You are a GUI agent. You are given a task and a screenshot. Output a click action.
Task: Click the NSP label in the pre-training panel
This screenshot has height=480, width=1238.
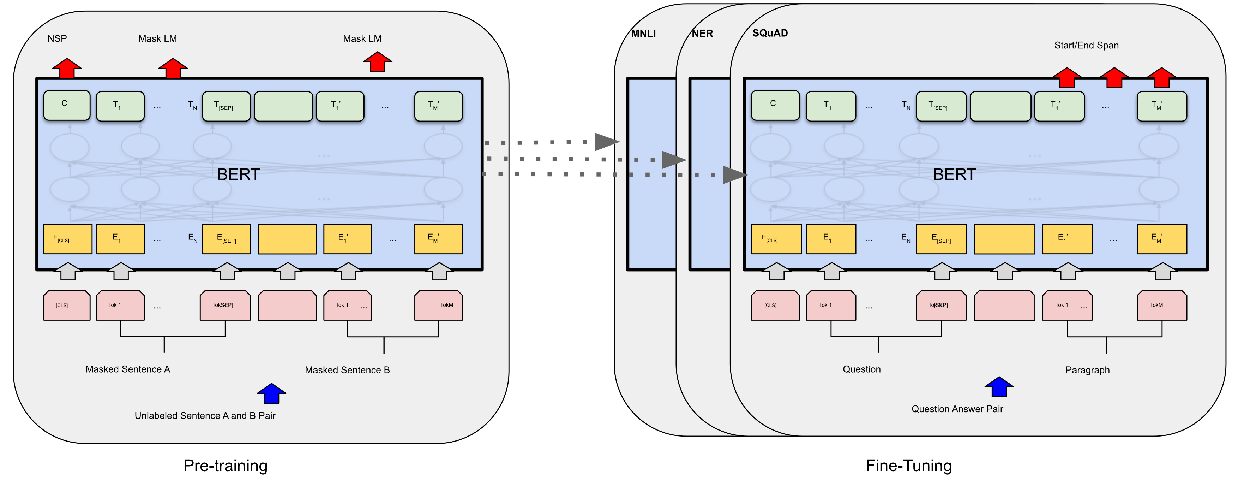(57, 38)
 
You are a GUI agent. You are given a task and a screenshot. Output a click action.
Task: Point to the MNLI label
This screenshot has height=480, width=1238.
(643, 34)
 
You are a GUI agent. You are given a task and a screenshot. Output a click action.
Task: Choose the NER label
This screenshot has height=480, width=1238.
(702, 34)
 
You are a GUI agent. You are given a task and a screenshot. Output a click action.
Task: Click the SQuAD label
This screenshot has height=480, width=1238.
(770, 33)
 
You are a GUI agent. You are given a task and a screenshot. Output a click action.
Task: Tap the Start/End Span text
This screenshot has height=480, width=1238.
(1086, 45)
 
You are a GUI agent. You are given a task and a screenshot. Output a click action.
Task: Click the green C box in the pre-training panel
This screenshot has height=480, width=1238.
(67, 105)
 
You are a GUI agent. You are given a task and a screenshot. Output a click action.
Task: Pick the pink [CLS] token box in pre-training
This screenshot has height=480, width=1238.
(67, 305)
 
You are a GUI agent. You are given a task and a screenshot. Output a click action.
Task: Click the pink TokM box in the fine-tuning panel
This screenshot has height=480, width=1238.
(1161, 305)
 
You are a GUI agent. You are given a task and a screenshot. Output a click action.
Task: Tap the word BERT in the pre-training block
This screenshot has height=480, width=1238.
(238, 174)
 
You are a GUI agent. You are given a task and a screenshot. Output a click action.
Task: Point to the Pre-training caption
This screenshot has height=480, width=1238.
(226, 466)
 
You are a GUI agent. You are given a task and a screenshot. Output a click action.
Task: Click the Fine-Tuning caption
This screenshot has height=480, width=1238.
(908, 466)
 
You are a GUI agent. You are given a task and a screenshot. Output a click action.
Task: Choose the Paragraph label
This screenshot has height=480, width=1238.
(1087, 370)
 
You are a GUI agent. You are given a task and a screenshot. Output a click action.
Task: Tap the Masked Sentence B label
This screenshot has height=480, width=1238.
(347, 370)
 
